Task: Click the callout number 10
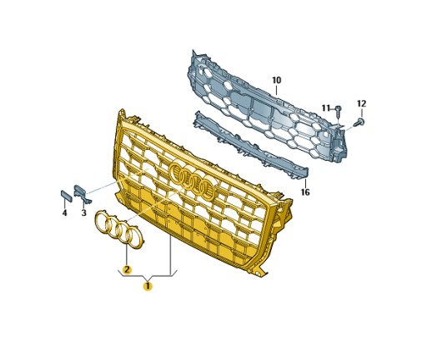(276, 80)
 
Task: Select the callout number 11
(326, 107)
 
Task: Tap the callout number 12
(361, 103)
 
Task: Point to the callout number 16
(305, 192)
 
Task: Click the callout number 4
(64, 213)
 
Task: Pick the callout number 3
(83, 213)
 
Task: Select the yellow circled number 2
(127, 269)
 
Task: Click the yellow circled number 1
(148, 286)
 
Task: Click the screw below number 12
(359, 122)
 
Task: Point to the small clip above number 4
(65, 197)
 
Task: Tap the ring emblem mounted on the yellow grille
(192, 182)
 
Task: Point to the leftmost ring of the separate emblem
(103, 221)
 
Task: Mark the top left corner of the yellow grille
(123, 113)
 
